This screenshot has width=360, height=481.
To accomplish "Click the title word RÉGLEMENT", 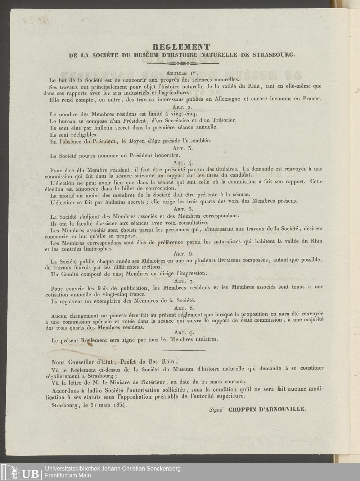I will point(181,47).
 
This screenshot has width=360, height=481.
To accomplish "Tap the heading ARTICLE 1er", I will point(183,73).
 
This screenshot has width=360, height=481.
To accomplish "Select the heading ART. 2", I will point(183,107).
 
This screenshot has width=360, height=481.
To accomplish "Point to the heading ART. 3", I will point(183,148).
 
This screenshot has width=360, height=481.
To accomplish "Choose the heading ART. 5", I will point(183,209).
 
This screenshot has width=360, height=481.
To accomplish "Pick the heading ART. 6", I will point(183,254).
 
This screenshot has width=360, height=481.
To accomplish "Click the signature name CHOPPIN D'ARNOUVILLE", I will point(267,409).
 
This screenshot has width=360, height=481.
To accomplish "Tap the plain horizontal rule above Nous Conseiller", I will point(184,350).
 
